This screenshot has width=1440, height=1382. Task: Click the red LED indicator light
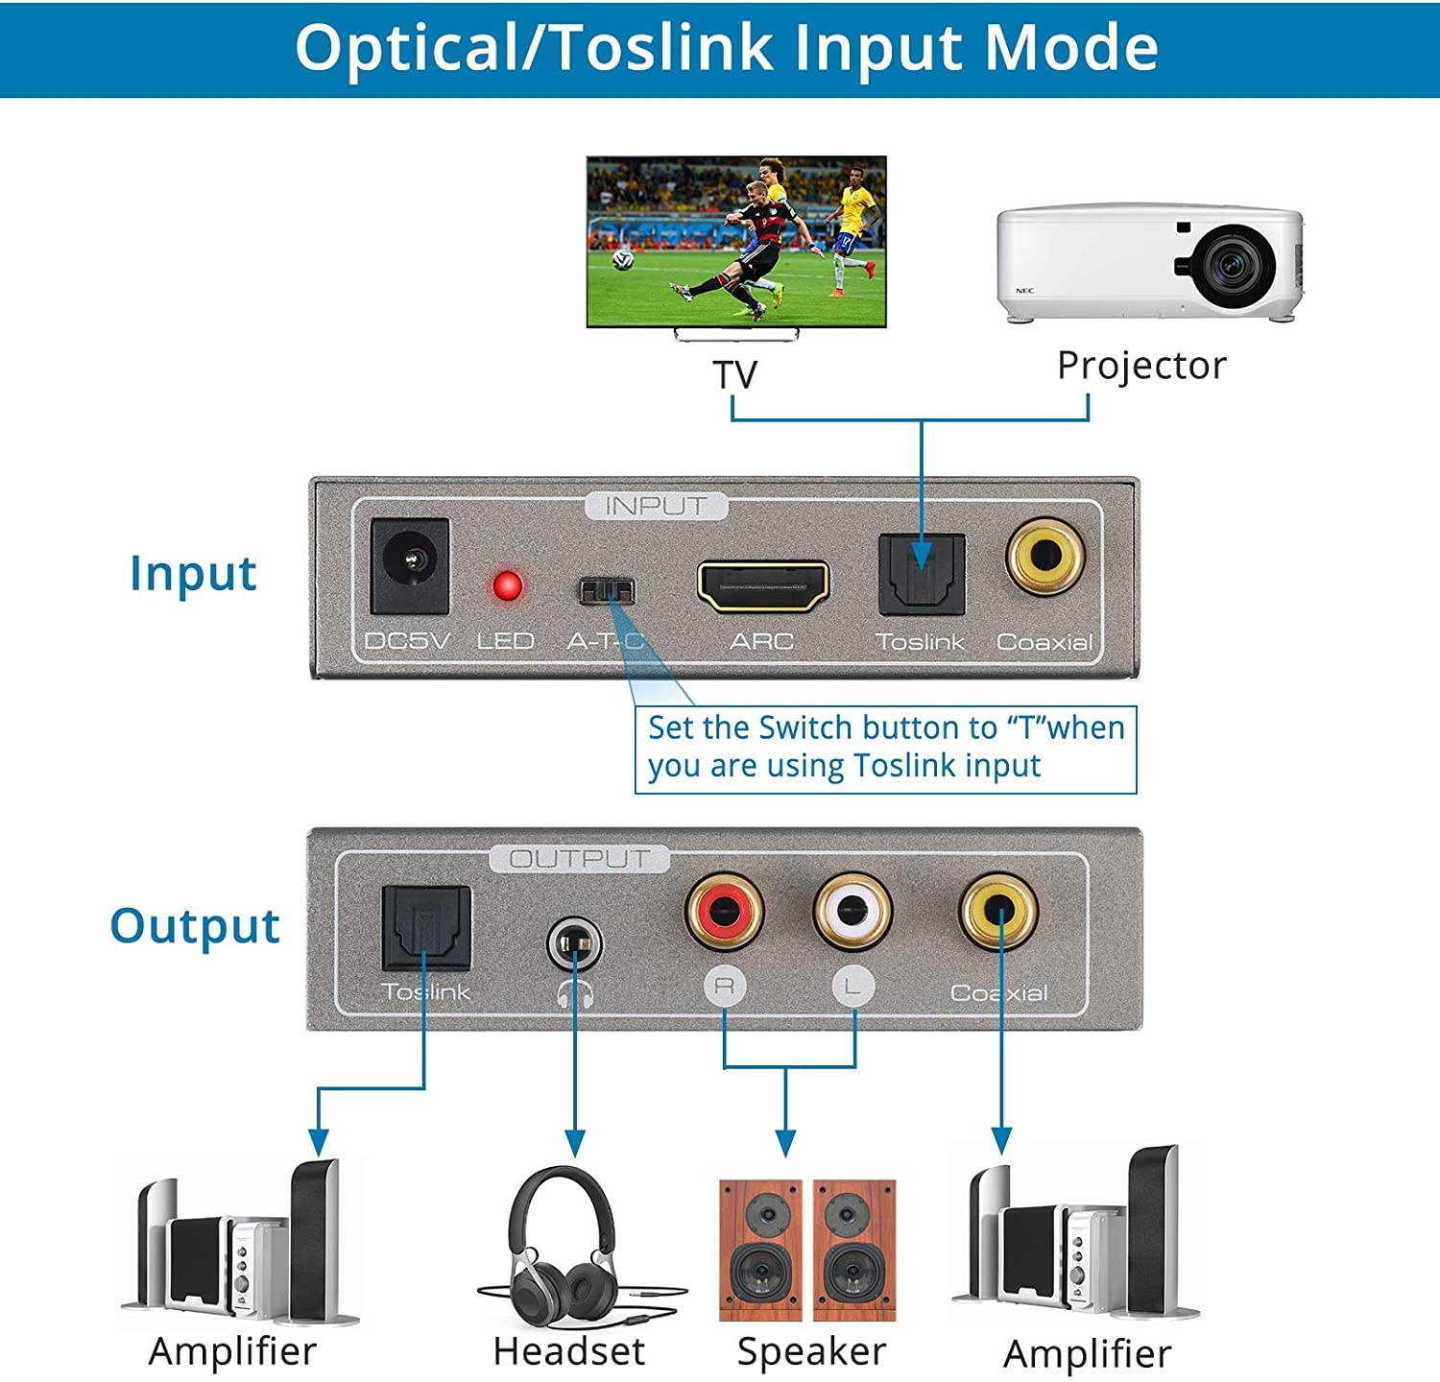pyautogui.click(x=507, y=586)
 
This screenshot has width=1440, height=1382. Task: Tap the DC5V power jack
pyautogui.click(x=410, y=565)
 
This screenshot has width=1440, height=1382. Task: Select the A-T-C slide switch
pyautogui.click(x=607, y=589)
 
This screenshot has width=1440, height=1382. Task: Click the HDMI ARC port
pyautogui.click(x=762, y=586)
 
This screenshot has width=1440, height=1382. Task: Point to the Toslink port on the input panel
pyautogui.click(x=921, y=574)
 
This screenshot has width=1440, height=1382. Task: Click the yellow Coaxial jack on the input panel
pyautogui.click(x=1045, y=556)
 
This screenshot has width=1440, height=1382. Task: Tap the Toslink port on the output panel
pyautogui.click(x=426, y=927)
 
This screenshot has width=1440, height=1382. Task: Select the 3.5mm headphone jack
pyautogui.click(x=574, y=945)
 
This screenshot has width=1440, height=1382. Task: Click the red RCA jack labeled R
pyautogui.click(x=725, y=910)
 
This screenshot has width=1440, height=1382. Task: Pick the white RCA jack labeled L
pyautogui.click(x=852, y=910)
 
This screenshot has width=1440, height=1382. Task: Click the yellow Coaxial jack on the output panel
pyautogui.click(x=998, y=910)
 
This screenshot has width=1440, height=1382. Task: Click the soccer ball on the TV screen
pyautogui.click(x=623, y=258)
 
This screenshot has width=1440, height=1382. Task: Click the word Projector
pyautogui.click(x=1141, y=366)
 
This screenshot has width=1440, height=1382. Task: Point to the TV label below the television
pyautogui.click(x=734, y=374)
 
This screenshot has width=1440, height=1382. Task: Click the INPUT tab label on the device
pyautogui.click(x=656, y=506)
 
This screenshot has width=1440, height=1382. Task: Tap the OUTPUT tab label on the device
pyautogui.click(x=579, y=858)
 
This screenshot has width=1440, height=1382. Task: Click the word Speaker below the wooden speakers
pyautogui.click(x=811, y=1351)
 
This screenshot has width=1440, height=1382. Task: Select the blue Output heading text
pyautogui.click(x=195, y=927)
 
